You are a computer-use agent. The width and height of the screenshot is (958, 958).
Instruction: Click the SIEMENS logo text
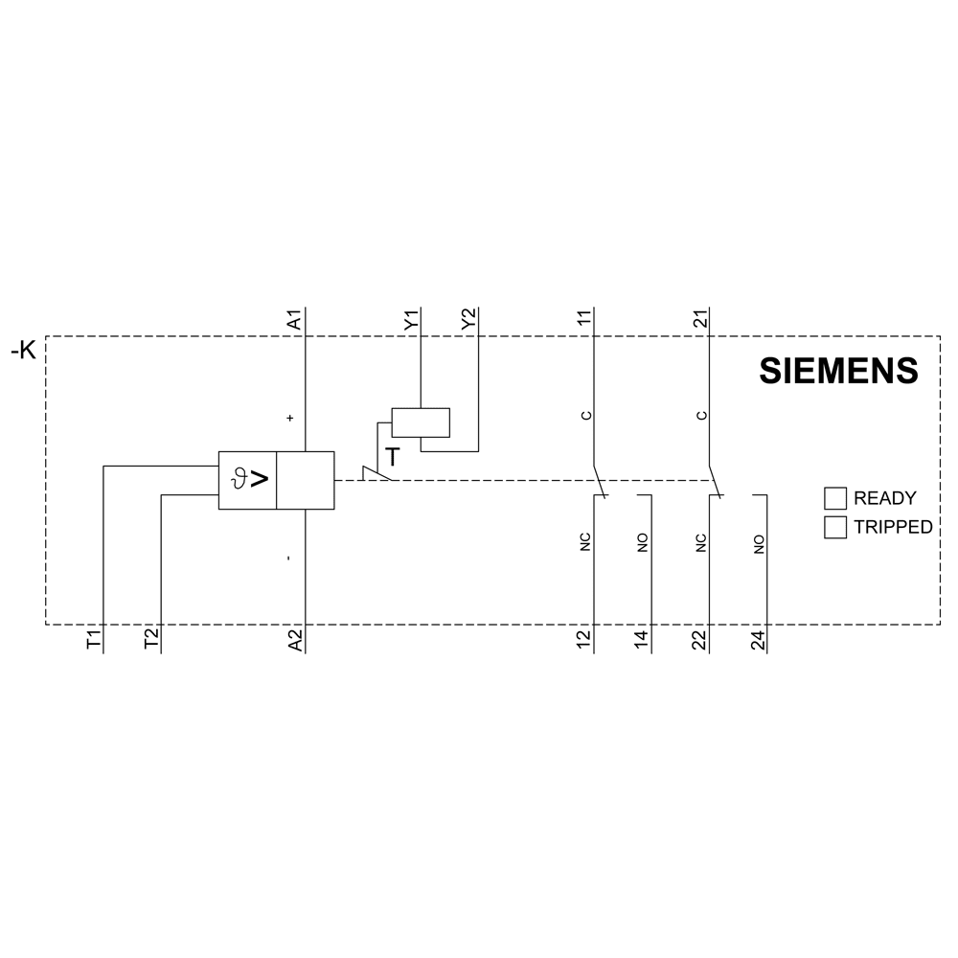pyautogui.click(x=838, y=371)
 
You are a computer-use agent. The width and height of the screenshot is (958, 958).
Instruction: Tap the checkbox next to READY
pyautogui.click(x=835, y=498)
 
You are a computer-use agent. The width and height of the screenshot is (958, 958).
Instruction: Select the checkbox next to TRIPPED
pyautogui.click(x=835, y=527)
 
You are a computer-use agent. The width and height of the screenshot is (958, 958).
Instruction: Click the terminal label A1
pyautogui.click(x=294, y=320)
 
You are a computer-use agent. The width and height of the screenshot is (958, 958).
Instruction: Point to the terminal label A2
pyautogui.click(x=294, y=640)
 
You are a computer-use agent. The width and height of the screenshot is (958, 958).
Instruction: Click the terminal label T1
pyautogui.click(x=93, y=640)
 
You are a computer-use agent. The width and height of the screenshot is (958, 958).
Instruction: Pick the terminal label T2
pyautogui.click(x=151, y=640)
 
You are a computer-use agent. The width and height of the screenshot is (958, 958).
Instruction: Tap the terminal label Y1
pyautogui.click(x=411, y=320)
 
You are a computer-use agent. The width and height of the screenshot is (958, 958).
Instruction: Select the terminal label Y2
pyautogui.click(x=468, y=319)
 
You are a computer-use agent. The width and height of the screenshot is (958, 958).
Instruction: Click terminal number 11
pyautogui.click(x=584, y=319)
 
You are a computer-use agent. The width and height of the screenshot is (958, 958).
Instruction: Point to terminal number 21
pyautogui.click(x=700, y=318)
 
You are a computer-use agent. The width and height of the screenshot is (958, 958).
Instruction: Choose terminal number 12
pyautogui.click(x=584, y=640)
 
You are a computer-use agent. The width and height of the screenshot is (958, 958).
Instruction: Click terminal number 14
pyautogui.click(x=642, y=640)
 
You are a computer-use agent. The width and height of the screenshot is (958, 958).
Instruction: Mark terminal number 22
pyautogui.click(x=700, y=640)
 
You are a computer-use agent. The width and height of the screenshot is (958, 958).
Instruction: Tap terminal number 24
pyautogui.click(x=758, y=640)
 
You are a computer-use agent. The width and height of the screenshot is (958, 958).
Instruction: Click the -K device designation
pyautogui.click(x=23, y=351)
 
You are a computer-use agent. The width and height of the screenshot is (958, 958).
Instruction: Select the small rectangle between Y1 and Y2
pyautogui.click(x=421, y=422)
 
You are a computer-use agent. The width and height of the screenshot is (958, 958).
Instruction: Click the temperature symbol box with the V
pyautogui.click(x=247, y=480)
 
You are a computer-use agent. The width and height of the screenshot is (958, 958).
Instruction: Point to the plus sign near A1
pyautogui.click(x=290, y=418)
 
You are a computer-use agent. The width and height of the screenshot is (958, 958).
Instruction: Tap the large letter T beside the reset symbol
pyautogui.click(x=392, y=456)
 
